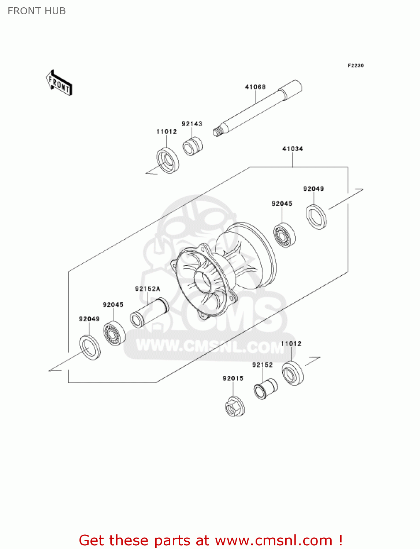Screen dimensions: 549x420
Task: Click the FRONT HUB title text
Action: pyautogui.click(x=37, y=11)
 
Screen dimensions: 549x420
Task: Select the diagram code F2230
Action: pyautogui.click(x=356, y=66)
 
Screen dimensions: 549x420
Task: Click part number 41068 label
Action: pyautogui.click(x=255, y=87)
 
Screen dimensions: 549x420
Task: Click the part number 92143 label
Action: pyautogui.click(x=192, y=124)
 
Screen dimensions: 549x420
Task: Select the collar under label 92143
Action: pyautogui.click(x=193, y=146)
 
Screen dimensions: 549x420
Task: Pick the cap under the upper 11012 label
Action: pyautogui.click(x=168, y=160)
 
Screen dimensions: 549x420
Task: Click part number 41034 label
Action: pyautogui.click(x=293, y=149)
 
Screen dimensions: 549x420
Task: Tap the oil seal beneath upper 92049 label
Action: pyautogui.click(x=316, y=217)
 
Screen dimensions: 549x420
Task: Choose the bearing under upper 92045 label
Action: pyautogui.click(x=285, y=235)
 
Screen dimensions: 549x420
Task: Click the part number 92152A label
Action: pyautogui.click(x=148, y=289)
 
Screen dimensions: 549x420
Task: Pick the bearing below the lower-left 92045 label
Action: pyautogui.click(x=114, y=333)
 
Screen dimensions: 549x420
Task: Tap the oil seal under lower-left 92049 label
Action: pyautogui.click(x=90, y=347)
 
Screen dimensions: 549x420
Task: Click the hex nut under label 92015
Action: pyautogui.click(x=234, y=407)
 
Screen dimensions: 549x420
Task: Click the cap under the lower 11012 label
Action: pyautogui.click(x=293, y=373)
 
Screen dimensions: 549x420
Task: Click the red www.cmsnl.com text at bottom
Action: pyautogui.click(x=274, y=540)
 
